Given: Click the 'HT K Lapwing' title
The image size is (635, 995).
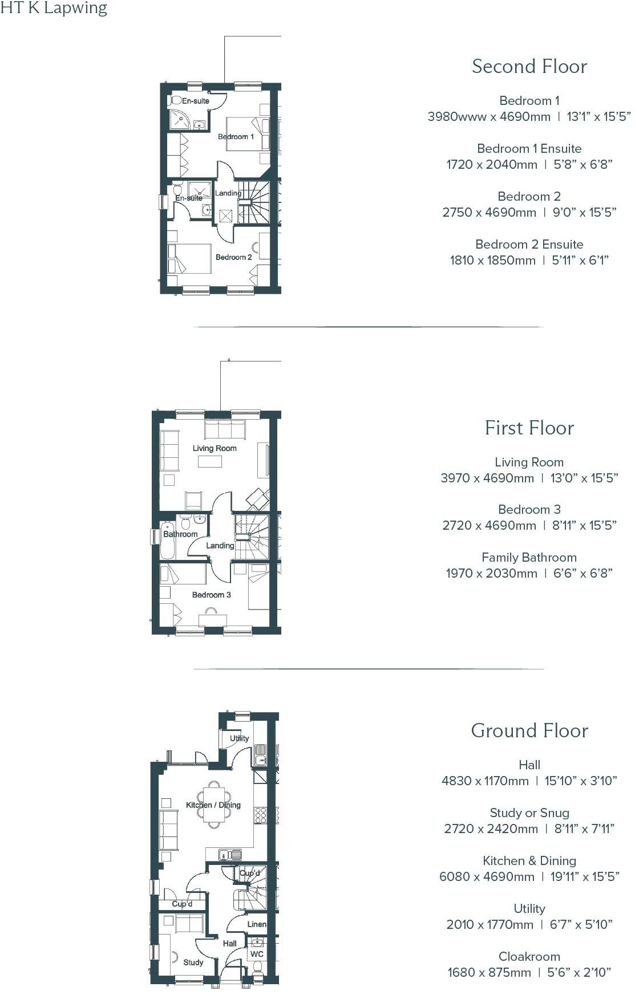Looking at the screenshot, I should click(54, 9).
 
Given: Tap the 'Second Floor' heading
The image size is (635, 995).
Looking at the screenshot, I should click(529, 67).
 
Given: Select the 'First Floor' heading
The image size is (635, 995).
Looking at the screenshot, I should click(529, 428).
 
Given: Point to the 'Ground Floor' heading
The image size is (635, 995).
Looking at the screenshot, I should click(529, 730).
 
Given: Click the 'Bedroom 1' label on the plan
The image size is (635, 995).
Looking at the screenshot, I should click(236, 137).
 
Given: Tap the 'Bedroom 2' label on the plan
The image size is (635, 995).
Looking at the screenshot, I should click(233, 257).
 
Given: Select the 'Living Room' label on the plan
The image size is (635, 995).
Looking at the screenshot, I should click(215, 448).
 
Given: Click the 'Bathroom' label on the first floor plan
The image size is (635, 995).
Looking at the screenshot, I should click(180, 534).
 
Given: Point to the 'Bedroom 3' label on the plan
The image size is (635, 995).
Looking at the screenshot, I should click(211, 595).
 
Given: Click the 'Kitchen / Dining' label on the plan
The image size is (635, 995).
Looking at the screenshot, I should click(213, 805).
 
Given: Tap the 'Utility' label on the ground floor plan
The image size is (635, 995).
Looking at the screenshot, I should click(239, 738).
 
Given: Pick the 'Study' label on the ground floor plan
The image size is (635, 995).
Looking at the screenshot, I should click(193, 962).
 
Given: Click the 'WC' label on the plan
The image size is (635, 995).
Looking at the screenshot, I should click(257, 954).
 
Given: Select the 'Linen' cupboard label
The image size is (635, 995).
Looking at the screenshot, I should click(257, 924).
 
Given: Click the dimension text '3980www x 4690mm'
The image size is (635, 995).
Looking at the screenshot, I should click(489, 117).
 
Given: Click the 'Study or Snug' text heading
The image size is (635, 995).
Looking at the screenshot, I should click(529, 813).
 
